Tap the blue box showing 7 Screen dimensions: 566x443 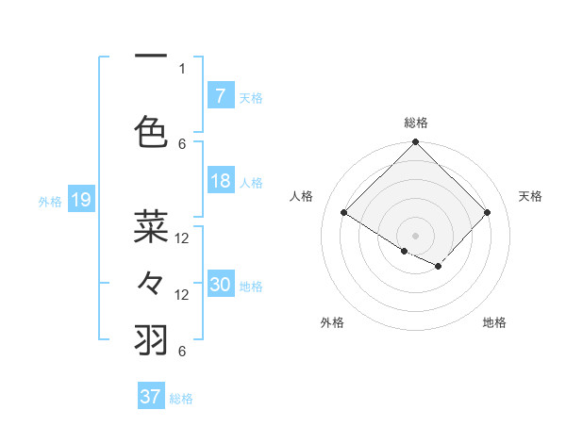pos(220,96)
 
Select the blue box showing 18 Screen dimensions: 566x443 pos(220,182)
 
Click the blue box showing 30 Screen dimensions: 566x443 pos(220,286)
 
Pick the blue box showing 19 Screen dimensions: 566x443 pos(80,200)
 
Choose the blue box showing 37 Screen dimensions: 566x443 pos(150,397)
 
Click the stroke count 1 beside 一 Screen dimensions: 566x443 pos(182,68)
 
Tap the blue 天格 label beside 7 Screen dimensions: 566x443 pos(251,97)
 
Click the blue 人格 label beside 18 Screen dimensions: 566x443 pos(251,183)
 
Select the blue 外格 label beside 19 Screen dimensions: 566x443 pos(50,201)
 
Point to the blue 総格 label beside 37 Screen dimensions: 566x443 pos(181,398)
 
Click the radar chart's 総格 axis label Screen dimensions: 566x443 pos(415,123)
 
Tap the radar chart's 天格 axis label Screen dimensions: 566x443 pos(530,196)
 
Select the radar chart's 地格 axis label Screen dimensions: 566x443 pos(494,322)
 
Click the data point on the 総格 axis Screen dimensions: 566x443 pos(415,142)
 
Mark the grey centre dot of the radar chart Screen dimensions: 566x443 pos(415,235)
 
